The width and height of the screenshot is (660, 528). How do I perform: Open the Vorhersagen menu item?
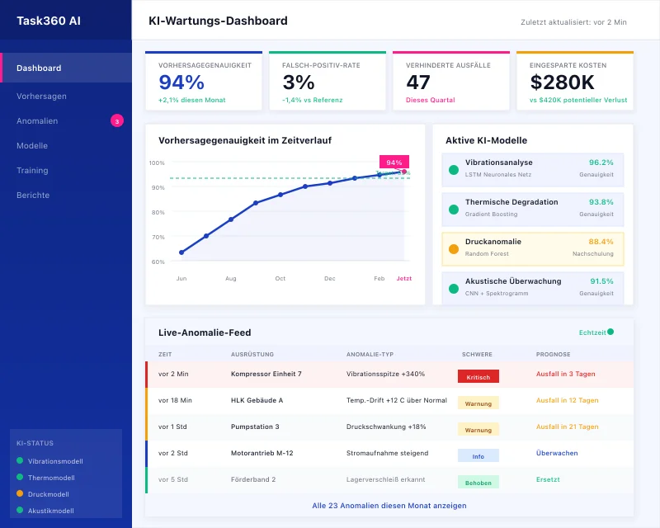pyautogui.click(x=41, y=97)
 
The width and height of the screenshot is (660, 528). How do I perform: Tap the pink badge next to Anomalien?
pyautogui.click(x=117, y=121)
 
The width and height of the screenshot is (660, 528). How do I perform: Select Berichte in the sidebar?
pyautogui.click(x=33, y=196)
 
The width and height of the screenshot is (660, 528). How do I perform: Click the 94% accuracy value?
pyautogui.click(x=181, y=82)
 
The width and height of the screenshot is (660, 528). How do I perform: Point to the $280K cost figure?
pyautogui.click(x=562, y=82)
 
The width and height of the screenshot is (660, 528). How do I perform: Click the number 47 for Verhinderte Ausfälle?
pyautogui.click(x=418, y=82)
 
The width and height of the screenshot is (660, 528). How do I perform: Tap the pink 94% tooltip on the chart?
pyautogui.click(x=394, y=163)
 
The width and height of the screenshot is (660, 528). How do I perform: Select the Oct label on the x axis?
pyautogui.click(x=280, y=279)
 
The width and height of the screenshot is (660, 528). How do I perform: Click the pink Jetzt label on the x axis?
pyautogui.click(x=404, y=279)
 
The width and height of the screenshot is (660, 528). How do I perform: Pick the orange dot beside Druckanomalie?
pyautogui.click(x=453, y=249)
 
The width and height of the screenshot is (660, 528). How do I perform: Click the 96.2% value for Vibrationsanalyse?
pyautogui.click(x=601, y=163)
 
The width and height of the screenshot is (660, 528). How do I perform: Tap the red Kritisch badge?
pyautogui.click(x=478, y=377)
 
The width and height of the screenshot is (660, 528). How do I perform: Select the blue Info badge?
pyautogui.click(x=478, y=455)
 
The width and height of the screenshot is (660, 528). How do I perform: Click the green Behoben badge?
pyautogui.click(x=478, y=482)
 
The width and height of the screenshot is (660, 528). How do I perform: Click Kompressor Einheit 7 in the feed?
pyautogui.click(x=266, y=374)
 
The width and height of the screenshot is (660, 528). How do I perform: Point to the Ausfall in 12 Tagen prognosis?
pyautogui.click(x=567, y=400)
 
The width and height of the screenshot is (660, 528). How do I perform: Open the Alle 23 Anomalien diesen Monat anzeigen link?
pyautogui.click(x=389, y=506)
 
